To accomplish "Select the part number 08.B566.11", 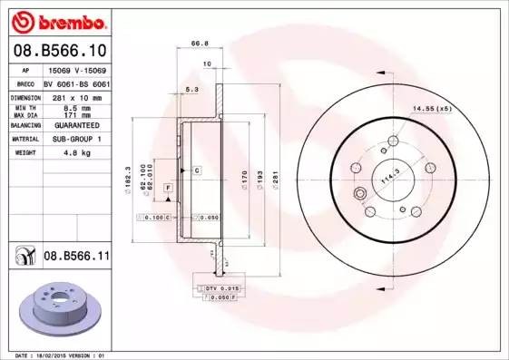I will [x=76, y=257].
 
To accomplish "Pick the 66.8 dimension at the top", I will [x=194, y=41].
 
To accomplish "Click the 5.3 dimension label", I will [x=191, y=89].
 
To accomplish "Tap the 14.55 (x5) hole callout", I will [x=433, y=108].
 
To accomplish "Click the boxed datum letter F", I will [x=168, y=187].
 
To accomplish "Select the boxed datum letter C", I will [x=195, y=170].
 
